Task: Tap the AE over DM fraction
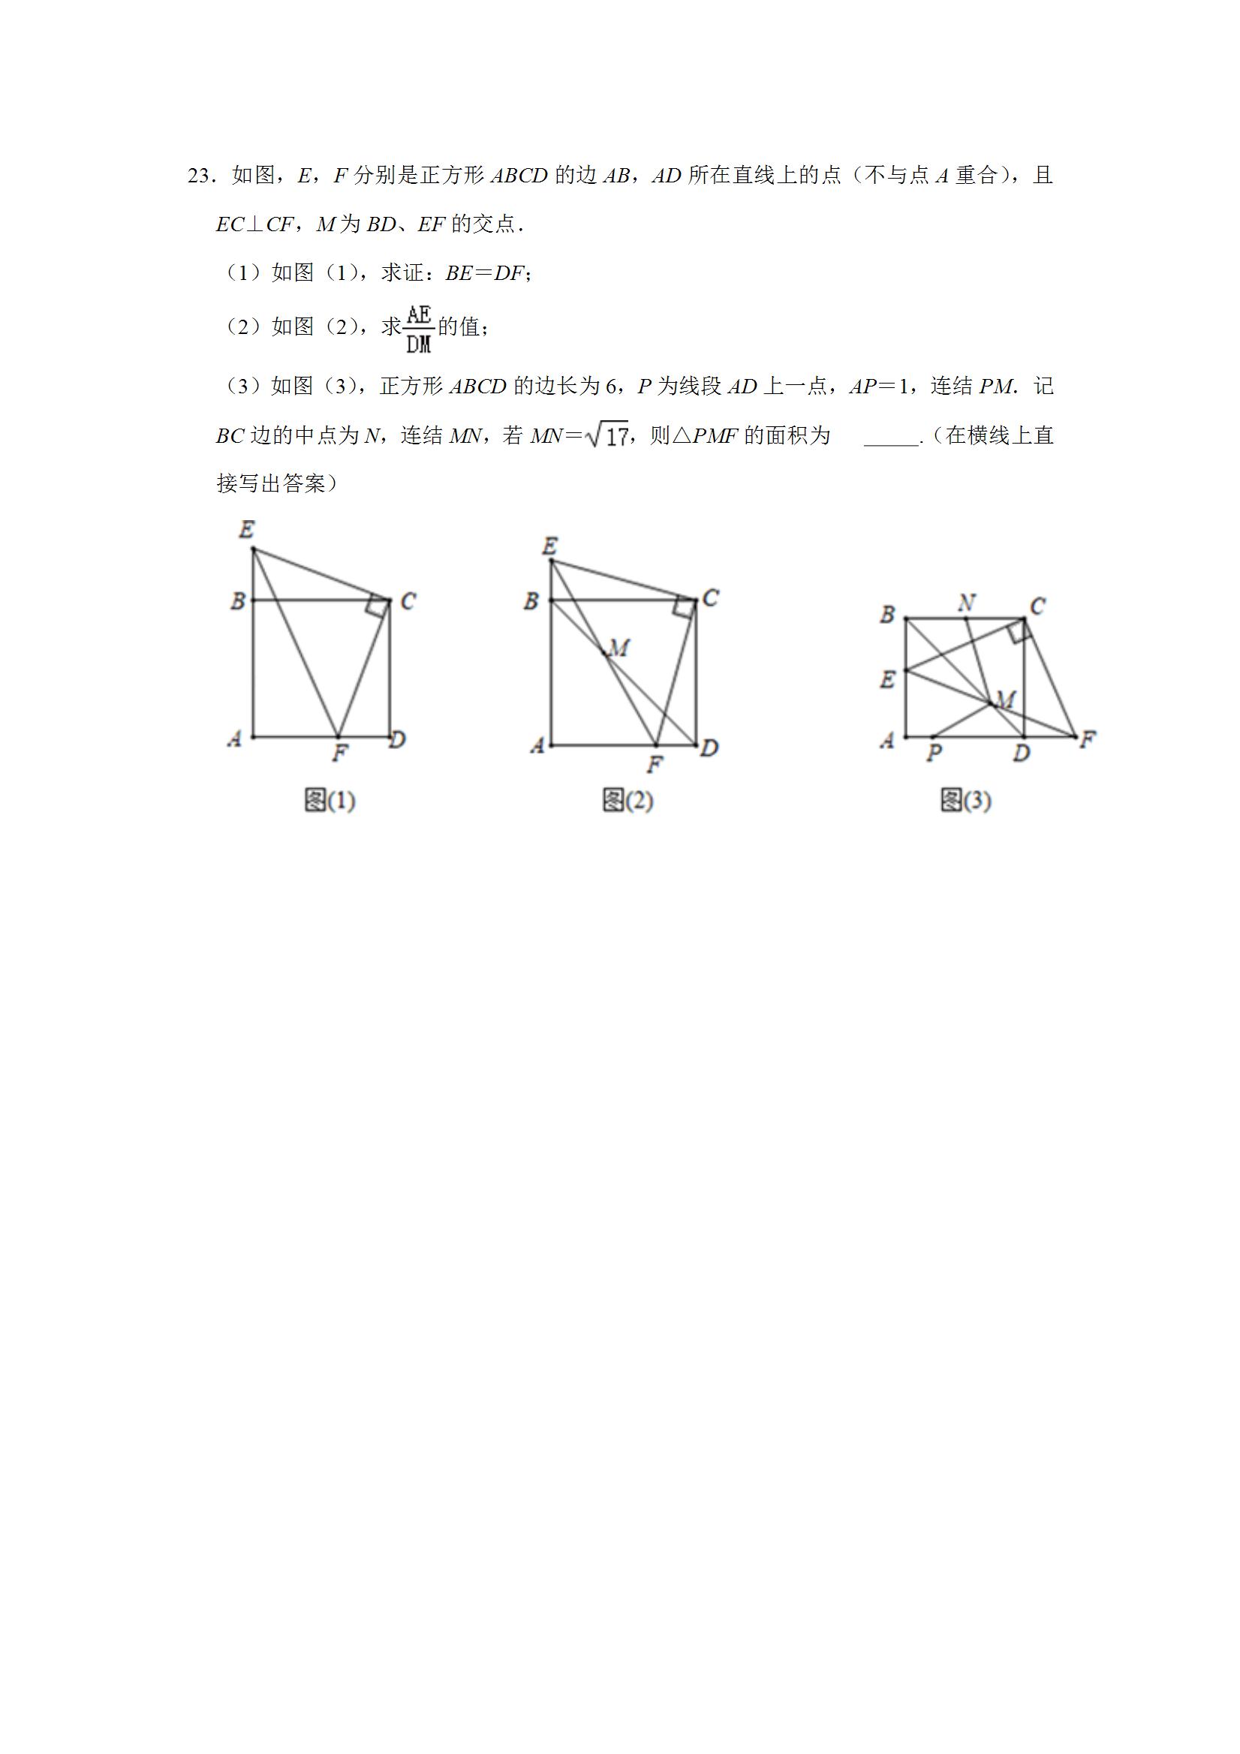[419, 329]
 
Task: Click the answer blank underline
[891, 443]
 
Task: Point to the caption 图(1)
[330, 801]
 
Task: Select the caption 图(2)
[628, 801]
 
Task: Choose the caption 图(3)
[966, 801]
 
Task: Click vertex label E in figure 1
[246, 529]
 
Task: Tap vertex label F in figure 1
[339, 754]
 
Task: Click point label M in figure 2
[618, 648]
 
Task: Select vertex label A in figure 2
[537, 745]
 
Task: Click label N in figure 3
[967, 603]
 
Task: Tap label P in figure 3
[933, 754]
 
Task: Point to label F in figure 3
[1088, 739]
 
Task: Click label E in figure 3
[887, 678]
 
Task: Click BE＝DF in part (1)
[485, 272]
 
